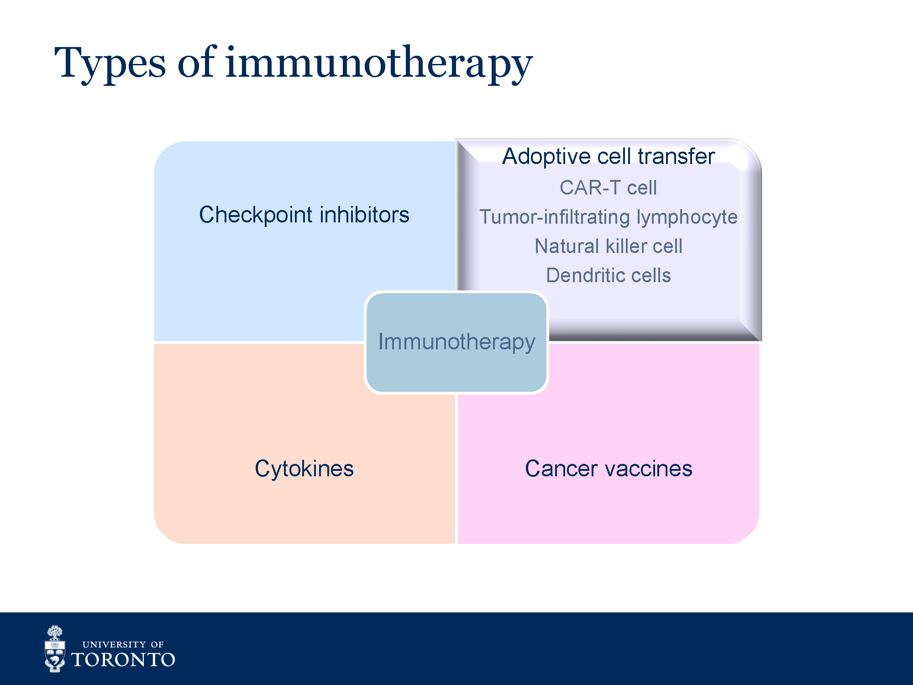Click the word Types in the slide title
coord(110,64)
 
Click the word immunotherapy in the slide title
coord(379,64)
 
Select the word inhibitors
coord(364,214)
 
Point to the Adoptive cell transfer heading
coord(609,156)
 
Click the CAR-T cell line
coord(609,188)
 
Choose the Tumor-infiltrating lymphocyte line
coord(609,217)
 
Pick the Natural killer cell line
coord(609,246)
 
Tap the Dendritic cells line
coord(609,275)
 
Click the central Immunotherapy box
coord(456,342)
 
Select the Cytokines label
coord(304,469)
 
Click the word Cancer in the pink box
coord(561,469)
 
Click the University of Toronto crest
coord(55,648)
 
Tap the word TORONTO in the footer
coord(123,660)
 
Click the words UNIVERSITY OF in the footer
coord(123,644)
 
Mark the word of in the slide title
coord(195,62)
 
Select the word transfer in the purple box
coord(677,156)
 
